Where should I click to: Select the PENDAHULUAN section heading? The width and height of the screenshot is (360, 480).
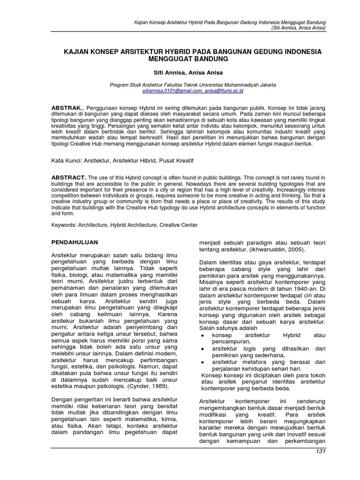tap(75, 243)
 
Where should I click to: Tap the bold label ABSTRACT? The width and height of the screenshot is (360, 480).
tap(68, 178)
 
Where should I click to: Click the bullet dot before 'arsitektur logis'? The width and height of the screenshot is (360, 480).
tap(202, 350)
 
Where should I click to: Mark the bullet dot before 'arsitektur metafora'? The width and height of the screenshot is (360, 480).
tap(202, 362)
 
